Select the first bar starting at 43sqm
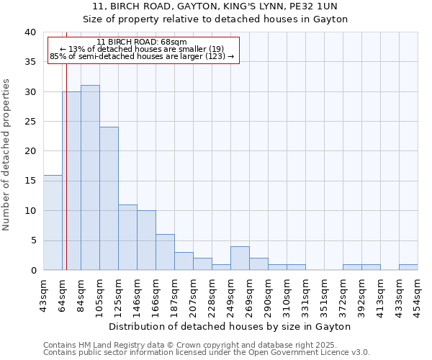click(x=53, y=222)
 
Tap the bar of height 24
click(x=109, y=199)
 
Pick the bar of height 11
click(x=127, y=238)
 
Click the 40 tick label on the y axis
click(x=30, y=32)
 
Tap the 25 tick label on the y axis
click(x=30, y=122)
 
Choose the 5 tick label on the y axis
click(x=32, y=240)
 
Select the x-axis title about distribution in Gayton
click(x=230, y=326)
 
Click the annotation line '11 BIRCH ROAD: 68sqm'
click(x=142, y=42)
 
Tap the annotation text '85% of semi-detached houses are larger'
click(x=142, y=56)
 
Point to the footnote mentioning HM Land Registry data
click(x=205, y=345)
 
